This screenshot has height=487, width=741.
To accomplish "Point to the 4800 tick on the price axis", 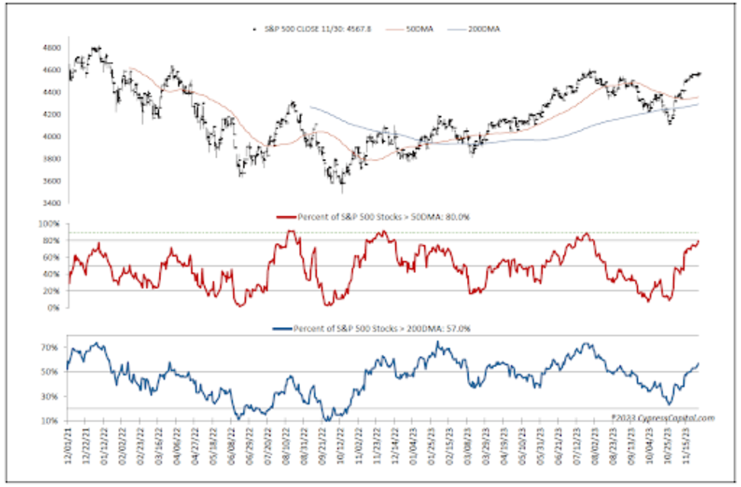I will click(52, 48).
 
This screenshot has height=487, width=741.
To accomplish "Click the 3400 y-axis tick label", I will click(52, 203).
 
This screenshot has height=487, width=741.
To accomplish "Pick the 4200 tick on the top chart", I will click(52, 114).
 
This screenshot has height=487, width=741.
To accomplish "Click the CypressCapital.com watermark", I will click(663, 418).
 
